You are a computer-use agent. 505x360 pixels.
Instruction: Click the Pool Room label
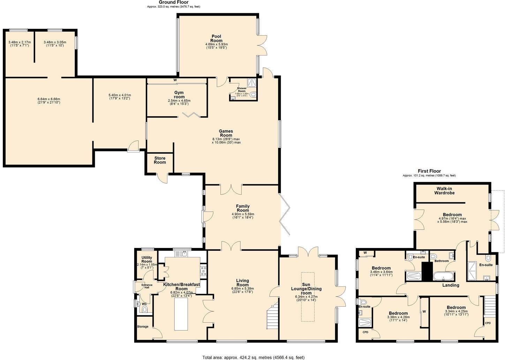[216, 38]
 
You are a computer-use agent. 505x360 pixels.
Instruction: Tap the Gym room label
[179, 95]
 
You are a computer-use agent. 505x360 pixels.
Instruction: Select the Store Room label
[160, 160]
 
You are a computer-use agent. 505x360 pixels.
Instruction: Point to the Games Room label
[226, 133]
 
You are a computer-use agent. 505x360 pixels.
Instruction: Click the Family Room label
[243, 208]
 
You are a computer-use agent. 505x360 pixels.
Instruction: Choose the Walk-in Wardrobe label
[444, 190]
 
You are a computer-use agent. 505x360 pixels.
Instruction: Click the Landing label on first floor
[451, 285]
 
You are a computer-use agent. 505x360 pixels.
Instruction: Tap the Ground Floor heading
[173, 2]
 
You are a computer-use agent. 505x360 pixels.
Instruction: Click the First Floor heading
[429, 171]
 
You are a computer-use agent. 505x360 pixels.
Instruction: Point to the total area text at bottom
[254, 357]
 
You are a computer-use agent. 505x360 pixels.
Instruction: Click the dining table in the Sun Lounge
[308, 297]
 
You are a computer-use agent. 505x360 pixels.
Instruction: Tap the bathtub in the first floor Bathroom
[443, 277]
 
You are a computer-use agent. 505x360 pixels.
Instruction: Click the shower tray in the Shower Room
[251, 83]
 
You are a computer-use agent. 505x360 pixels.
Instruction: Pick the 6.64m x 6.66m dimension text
[49, 101]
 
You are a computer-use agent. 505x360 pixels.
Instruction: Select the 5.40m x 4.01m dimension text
[120, 97]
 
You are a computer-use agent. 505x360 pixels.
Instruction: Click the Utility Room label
[147, 259]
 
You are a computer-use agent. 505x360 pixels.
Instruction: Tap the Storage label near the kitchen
[143, 327]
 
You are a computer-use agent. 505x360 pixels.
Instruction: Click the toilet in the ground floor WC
[145, 309]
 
